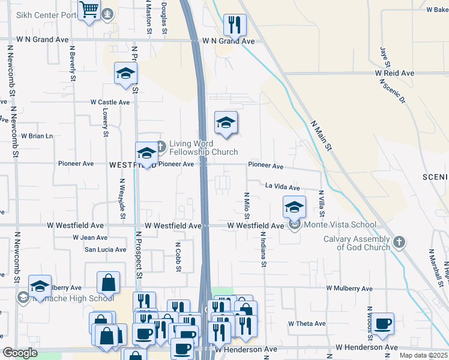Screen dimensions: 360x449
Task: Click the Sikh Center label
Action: pos(36,15)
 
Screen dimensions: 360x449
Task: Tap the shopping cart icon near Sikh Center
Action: pos(89,10)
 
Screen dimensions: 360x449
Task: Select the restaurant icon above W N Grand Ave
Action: pos(234,25)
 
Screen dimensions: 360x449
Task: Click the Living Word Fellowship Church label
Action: pos(203,148)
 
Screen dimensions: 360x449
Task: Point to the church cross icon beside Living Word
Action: pos(160,145)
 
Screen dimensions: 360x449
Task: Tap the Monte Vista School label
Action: pos(340,225)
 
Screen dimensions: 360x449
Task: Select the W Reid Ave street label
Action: pos(395,73)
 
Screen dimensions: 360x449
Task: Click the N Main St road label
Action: pos(321,136)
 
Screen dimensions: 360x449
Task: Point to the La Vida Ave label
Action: pos(282,188)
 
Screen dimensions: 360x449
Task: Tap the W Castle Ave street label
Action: pos(110,103)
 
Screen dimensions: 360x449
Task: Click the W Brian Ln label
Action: pos(37,136)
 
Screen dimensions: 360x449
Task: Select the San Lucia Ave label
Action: pos(105,250)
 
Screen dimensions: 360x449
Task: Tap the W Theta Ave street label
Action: pos(306,324)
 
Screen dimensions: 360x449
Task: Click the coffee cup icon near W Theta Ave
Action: pos(382,324)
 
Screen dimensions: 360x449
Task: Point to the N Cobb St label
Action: pos(178,257)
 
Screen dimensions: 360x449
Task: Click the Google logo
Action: pos(20,353)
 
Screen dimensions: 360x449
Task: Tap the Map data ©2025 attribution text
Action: pos(423,355)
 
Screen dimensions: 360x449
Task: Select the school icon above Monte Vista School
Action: pos(294,207)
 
